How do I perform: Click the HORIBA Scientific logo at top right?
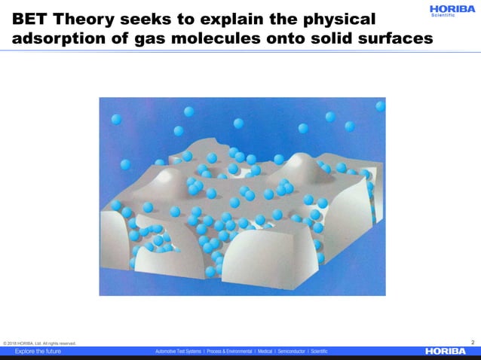click(452, 11)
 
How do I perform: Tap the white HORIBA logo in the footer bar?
click(446, 351)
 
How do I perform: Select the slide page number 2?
click(472, 342)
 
